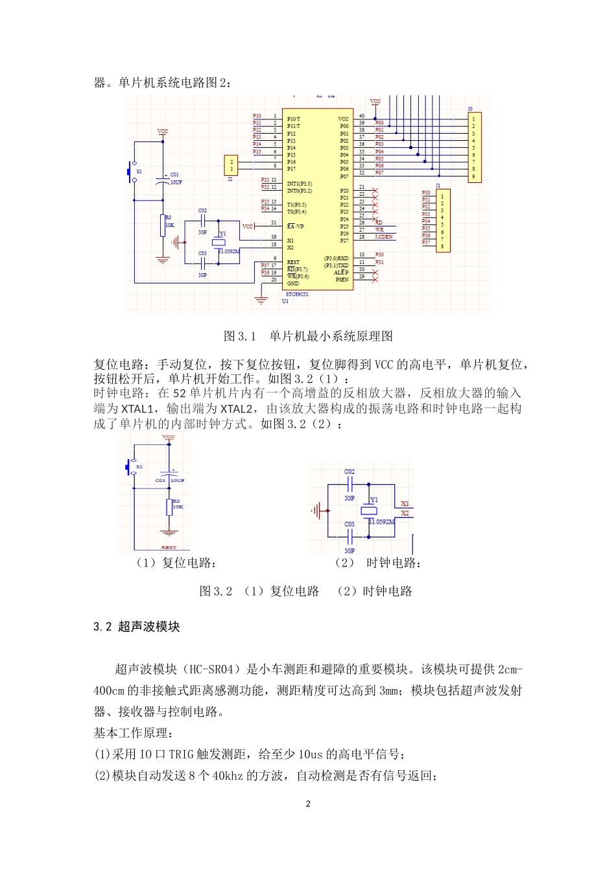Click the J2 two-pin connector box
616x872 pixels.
pos(231,165)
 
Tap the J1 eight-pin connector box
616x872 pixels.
pos(443,221)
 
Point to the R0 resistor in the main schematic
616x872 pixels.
pos(163,226)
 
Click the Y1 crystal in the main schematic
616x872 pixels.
pos(219,241)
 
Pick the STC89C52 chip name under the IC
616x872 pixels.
pos(297,294)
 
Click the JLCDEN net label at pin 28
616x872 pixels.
pos(384,237)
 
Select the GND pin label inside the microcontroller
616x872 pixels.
pos(293,284)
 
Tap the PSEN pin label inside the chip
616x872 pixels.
pos(342,280)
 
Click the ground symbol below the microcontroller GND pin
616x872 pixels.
pos(261,300)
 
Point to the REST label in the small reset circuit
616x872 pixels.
pos(169,547)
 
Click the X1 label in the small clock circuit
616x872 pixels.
pos(405,504)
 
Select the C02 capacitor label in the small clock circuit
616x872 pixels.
pos(349,472)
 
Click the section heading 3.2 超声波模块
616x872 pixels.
pos(137,627)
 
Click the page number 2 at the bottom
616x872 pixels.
pos(308,804)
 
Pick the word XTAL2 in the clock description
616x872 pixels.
pos(236,409)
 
